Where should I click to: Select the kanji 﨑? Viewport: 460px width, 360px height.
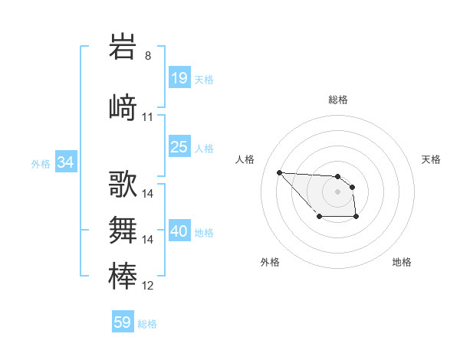coord(123,106)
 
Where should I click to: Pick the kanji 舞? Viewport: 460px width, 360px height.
coord(123,229)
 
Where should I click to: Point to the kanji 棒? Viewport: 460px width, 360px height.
coord(123,275)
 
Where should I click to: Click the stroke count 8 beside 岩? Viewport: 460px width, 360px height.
coord(148,56)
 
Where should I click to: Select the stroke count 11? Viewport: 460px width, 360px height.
coord(148,117)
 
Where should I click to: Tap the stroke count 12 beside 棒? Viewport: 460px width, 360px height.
coord(148,286)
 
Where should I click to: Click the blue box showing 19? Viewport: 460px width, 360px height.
coord(179,78)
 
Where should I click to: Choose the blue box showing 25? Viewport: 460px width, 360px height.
coord(179,147)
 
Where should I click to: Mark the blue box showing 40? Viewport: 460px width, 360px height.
coord(179,231)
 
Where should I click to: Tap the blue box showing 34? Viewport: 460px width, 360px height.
coord(66,162)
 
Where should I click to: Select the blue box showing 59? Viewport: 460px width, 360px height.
coord(123,322)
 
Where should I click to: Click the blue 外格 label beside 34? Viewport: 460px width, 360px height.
coord(41,163)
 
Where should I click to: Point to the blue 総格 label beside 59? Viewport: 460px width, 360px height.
coord(147,324)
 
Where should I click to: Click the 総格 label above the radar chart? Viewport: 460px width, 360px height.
coord(337,100)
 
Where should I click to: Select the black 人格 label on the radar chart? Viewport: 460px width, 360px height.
coord(245,159)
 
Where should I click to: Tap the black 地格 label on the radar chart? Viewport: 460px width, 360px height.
coord(402,262)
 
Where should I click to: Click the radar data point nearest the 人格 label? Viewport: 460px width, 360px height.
coord(280,172)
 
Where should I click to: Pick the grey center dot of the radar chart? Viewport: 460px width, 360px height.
coord(337,191)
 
